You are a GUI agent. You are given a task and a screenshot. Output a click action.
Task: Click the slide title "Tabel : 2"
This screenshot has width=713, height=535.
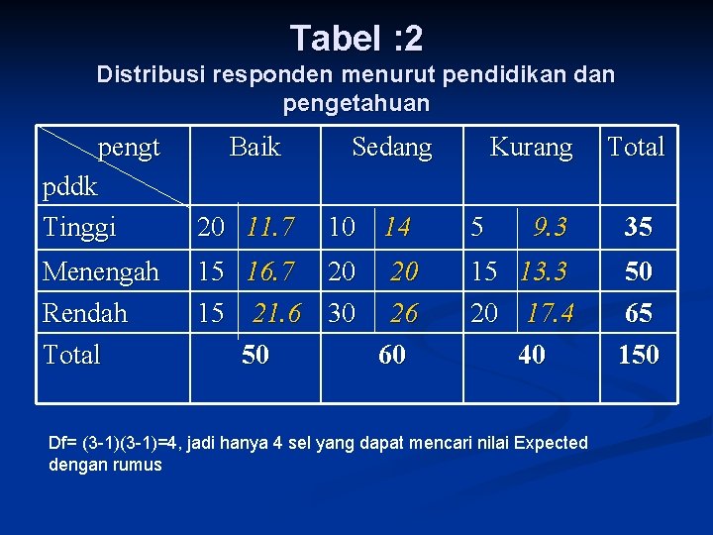[x=356, y=39]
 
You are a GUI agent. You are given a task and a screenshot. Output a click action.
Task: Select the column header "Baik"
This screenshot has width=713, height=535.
[x=255, y=148]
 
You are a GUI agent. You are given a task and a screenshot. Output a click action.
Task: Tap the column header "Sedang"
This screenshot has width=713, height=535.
[x=392, y=148]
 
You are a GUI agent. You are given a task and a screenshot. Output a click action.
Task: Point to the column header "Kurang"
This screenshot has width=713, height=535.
[x=531, y=148]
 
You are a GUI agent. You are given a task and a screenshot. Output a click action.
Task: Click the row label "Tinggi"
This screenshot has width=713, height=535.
[x=79, y=227]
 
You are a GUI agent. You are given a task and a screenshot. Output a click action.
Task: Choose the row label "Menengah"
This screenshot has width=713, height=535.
[x=100, y=270]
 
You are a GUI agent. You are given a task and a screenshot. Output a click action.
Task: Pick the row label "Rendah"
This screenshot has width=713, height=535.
[x=85, y=313]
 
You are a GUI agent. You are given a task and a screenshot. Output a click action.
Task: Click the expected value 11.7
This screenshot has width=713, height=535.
[x=270, y=228]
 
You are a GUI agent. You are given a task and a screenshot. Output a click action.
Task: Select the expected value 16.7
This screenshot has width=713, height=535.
[x=270, y=270]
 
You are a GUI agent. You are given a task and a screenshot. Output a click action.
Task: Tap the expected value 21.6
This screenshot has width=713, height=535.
[x=276, y=313]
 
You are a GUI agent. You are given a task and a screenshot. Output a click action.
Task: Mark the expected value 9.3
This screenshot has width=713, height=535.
[x=550, y=228]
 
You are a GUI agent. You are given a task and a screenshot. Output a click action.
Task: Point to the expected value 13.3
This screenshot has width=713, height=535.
[x=544, y=270]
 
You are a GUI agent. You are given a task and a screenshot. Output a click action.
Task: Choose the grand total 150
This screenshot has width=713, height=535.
[x=638, y=355]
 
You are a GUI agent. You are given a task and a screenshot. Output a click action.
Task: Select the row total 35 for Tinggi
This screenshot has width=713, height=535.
[x=638, y=228]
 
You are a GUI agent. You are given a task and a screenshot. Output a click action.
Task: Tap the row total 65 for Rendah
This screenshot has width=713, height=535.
[x=638, y=313]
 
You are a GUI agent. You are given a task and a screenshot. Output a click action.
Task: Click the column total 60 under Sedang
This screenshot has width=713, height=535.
[x=392, y=355]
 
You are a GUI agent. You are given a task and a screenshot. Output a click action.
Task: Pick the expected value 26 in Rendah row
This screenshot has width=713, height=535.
[x=403, y=313]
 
